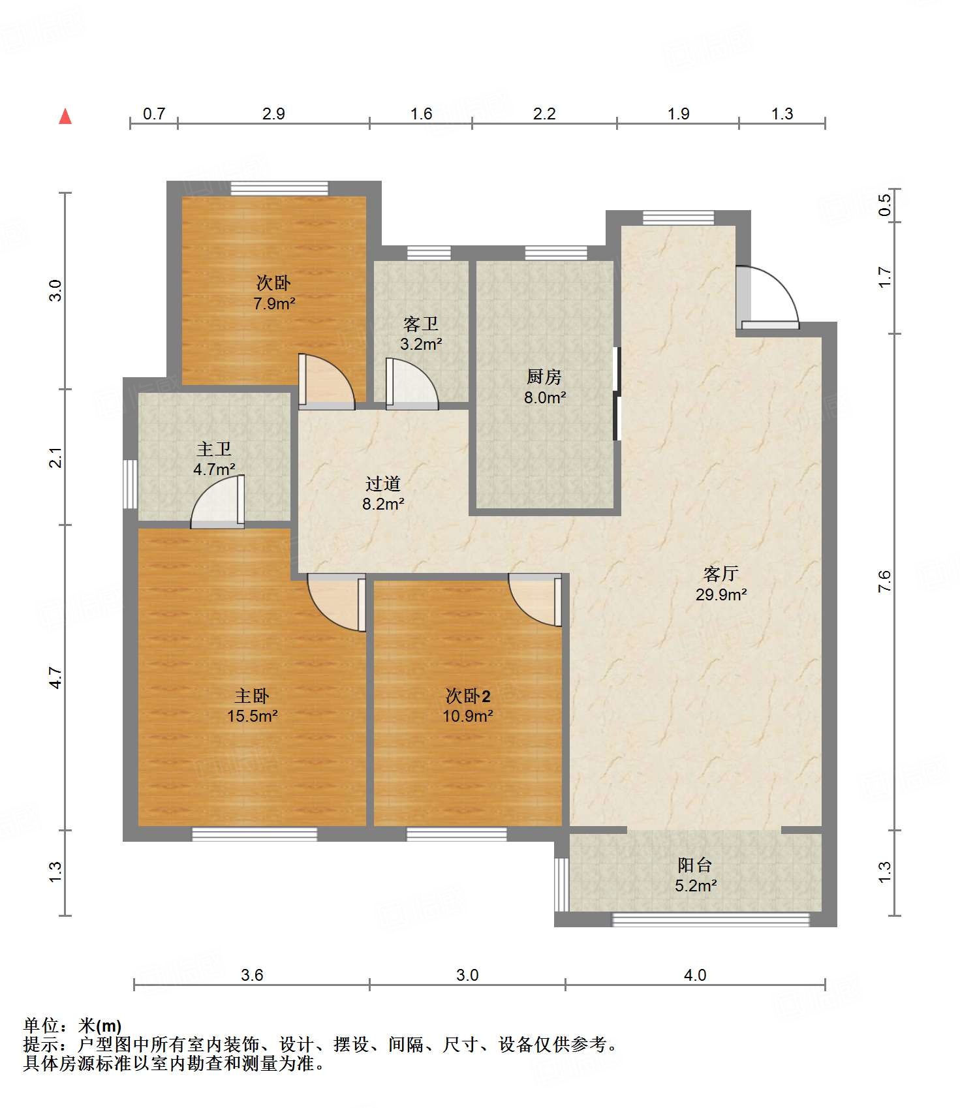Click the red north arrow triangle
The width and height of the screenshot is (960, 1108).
point(65,116)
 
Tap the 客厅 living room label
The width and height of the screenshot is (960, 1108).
point(720,574)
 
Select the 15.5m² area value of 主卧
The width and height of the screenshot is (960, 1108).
point(253,716)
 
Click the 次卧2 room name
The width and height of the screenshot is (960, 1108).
point(468,696)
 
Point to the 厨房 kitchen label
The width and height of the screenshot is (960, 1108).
point(544,377)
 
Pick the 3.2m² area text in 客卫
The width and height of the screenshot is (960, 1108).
point(421,344)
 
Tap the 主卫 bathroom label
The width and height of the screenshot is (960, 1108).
point(214,449)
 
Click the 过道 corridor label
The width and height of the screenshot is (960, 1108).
point(383,484)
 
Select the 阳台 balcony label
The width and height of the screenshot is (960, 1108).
point(694,865)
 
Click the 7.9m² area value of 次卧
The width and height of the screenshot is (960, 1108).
point(274,303)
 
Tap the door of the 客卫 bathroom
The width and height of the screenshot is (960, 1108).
point(412,384)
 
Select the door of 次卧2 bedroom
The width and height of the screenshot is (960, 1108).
point(535,600)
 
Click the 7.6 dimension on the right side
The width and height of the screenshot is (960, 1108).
point(884,581)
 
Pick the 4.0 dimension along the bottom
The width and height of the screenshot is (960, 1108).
point(695,975)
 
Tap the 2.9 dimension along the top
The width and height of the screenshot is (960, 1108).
point(273,114)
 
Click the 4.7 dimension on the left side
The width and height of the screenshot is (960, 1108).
point(56,677)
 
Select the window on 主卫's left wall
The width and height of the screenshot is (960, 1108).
point(131,484)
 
